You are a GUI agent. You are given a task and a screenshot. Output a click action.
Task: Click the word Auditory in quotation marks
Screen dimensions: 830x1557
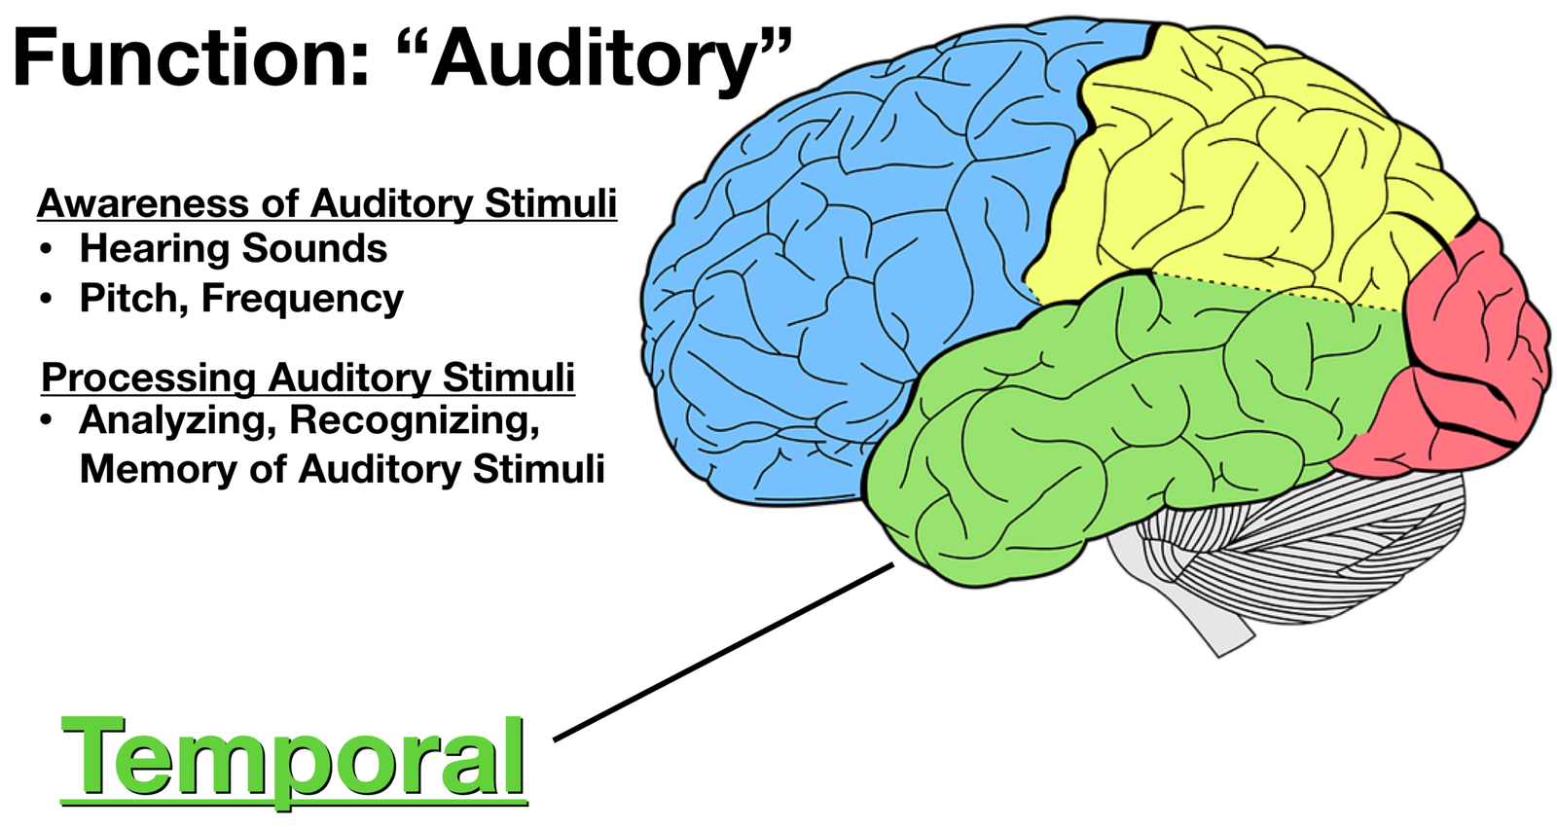pos(594,58)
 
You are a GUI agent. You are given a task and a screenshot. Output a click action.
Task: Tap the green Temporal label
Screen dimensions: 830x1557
pos(293,757)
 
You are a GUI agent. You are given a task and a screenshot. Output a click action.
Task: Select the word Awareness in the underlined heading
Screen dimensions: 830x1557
pos(142,203)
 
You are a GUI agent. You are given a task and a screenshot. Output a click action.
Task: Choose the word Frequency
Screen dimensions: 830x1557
pos(302,299)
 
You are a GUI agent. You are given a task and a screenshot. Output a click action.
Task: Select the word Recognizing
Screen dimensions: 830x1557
pos(414,420)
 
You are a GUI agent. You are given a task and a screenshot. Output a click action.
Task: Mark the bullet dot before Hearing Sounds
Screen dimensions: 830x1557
pos(46,250)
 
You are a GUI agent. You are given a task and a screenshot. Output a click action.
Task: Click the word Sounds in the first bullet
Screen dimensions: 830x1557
pos(314,249)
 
